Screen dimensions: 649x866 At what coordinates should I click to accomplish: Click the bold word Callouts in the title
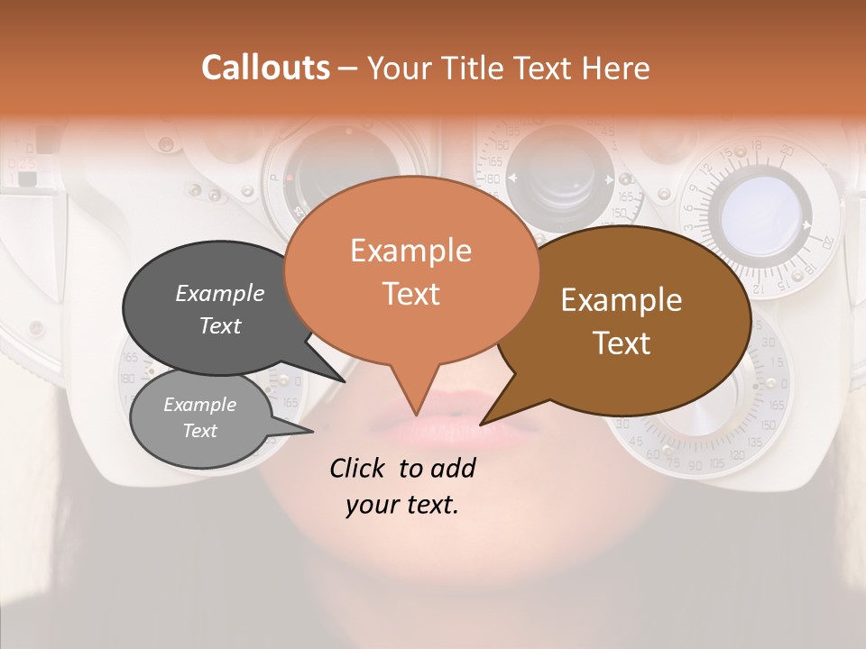[x=265, y=68]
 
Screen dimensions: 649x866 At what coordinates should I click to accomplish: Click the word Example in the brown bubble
[x=622, y=300]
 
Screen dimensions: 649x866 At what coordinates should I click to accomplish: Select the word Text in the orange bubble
[x=410, y=294]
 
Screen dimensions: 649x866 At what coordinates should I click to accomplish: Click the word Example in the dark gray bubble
[x=219, y=293]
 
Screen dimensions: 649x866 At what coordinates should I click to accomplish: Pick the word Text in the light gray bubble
[x=199, y=431]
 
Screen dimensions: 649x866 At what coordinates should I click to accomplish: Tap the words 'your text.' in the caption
[x=401, y=505]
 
